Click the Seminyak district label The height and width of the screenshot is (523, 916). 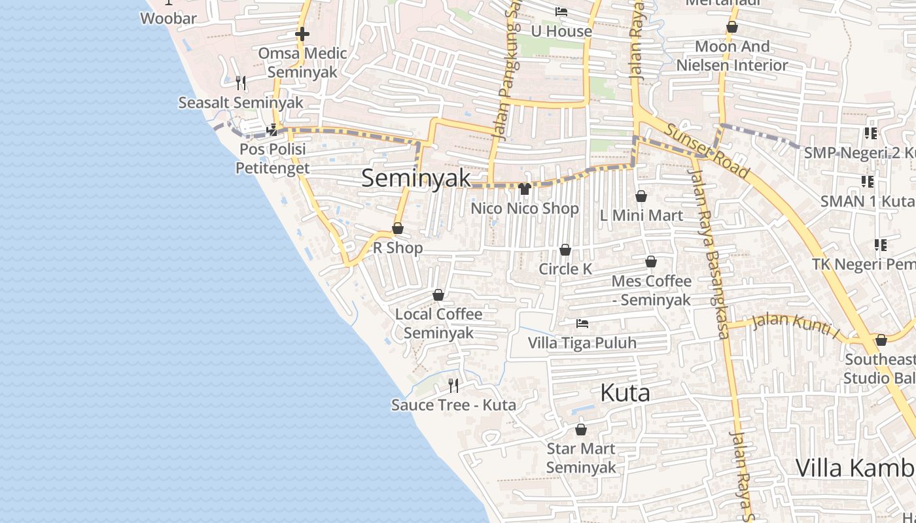tap(416, 178)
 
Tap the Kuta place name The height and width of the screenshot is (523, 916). tap(625, 393)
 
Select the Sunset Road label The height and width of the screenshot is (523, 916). tap(707, 151)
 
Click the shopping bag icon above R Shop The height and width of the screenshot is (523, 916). tap(398, 229)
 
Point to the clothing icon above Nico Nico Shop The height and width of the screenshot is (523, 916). tap(525, 190)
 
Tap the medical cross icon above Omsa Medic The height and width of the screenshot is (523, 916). tap(302, 33)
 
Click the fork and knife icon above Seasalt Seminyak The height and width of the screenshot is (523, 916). tap(241, 83)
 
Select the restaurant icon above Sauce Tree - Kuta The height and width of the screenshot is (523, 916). tap(453, 386)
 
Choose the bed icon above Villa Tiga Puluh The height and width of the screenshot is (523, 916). tap(582, 324)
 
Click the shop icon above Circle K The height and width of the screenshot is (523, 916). tap(565, 250)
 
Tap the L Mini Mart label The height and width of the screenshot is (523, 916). tap(641, 215)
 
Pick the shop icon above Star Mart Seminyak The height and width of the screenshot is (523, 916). tap(581, 430)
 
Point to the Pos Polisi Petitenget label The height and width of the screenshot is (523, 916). tap(272, 159)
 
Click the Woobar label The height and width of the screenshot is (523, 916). tap(168, 18)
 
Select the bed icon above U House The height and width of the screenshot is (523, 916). tap(561, 12)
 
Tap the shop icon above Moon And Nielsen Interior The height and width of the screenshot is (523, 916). tap(732, 27)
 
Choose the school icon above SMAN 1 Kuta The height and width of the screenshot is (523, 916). tap(868, 182)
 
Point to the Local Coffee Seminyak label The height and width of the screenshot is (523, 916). tap(438, 323)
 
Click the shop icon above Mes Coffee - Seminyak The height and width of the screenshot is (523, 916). tap(651, 262)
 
